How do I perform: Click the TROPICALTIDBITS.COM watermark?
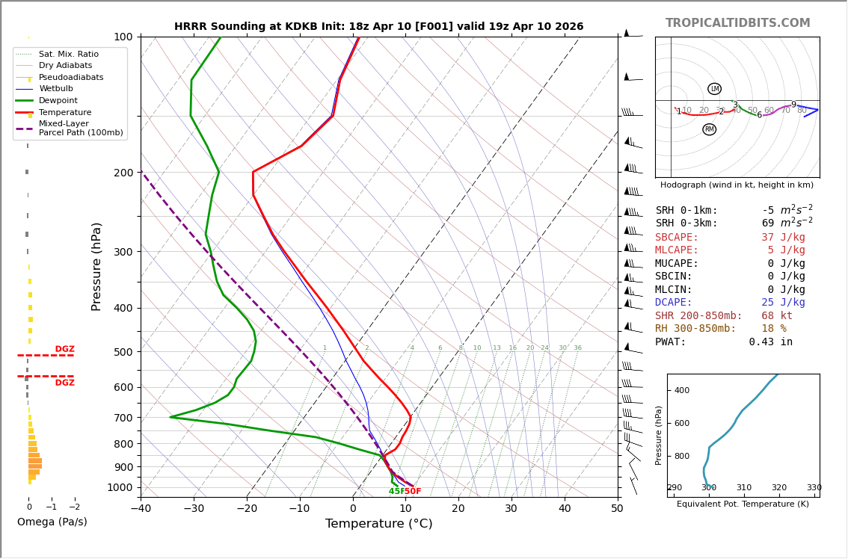(x=737, y=23)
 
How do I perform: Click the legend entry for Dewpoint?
(x=59, y=100)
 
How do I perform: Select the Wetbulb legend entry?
(x=56, y=88)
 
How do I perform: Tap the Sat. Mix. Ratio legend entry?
(x=68, y=54)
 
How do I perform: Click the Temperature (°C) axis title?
(x=378, y=525)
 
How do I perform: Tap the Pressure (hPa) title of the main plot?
(x=96, y=266)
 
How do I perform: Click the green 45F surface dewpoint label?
(x=396, y=492)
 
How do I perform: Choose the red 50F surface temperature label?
(x=413, y=492)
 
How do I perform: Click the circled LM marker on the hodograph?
(x=714, y=89)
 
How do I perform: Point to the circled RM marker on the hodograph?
(x=709, y=129)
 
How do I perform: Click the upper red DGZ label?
(x=64, y=349)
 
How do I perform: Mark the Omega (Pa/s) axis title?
(x=52, y=522)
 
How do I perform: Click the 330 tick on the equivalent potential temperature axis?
(x=814, y=488)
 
